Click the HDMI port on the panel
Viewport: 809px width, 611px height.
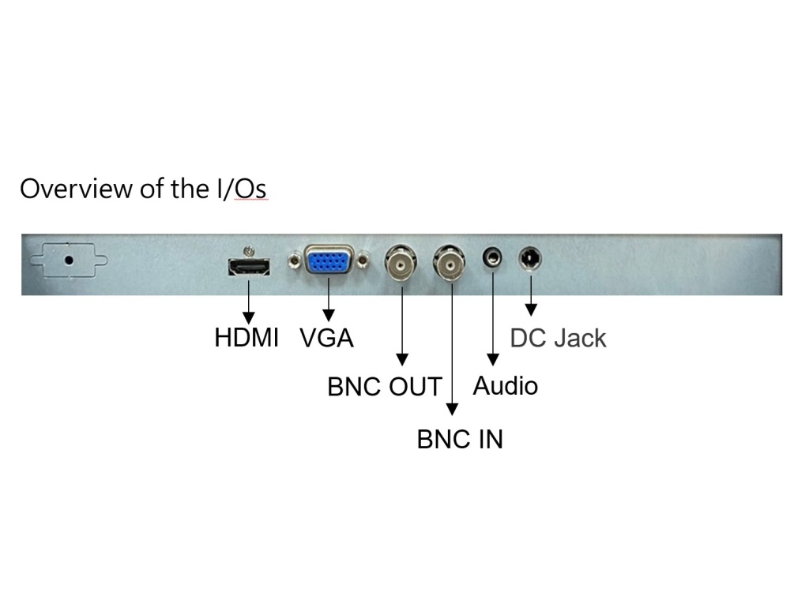[x=248, y=267]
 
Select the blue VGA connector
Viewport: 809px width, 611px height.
[x=329, y=261]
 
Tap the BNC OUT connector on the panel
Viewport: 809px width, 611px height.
[x=401, y=264]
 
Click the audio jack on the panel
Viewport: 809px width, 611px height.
[x=493, y=258]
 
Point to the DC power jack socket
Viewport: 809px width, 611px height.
[x=529, y=258]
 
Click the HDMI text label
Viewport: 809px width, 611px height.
[x=246, y=338]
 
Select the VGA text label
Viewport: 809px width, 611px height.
[x=326, y=338]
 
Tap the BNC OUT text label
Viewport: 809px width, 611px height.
[x=385, y=388]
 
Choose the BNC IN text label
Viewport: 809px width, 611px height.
[x=460, y=439]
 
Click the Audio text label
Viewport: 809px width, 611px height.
[x=506, y=386]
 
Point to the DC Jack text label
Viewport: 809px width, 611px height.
[x=558, y=338]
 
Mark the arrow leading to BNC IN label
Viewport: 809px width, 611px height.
[x=451, y=347]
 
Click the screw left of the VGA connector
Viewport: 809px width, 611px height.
[x=295, y=258]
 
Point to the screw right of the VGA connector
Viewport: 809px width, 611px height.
[x=363, y=258]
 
